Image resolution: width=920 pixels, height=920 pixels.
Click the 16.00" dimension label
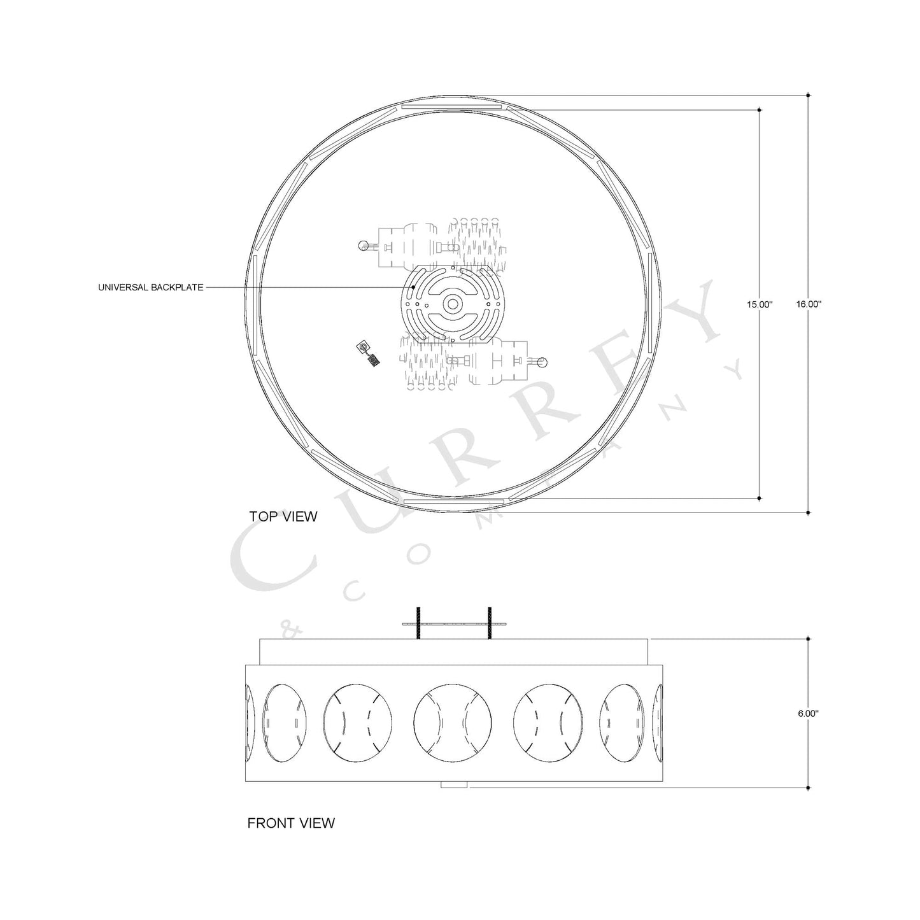[809, 304]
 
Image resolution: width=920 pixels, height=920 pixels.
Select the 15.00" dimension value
[760, 304]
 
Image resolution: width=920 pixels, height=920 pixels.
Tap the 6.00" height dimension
[808, 714]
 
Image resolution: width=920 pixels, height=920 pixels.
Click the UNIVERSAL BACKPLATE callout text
[151, 288]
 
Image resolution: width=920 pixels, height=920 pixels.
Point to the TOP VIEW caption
[283, 516]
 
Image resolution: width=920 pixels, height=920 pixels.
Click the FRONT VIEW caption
[290, 823]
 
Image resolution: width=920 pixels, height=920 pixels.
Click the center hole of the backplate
[452, 304]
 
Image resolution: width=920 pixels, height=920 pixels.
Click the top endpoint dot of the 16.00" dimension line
[808, 96]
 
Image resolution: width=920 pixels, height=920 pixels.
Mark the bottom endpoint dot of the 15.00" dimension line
[760, 497]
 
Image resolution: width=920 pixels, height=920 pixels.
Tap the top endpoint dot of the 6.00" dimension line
[808, 639]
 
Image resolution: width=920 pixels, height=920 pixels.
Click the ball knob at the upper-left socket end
[363, 246]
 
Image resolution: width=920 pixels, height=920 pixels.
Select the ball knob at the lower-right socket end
[542, 362]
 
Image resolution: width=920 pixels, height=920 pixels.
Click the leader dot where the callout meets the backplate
[413, 288]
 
